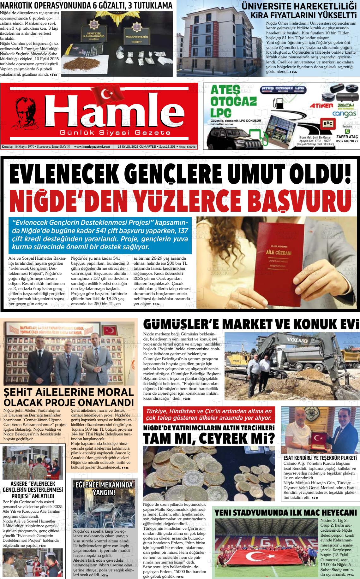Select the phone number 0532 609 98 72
347,141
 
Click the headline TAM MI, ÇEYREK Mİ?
209,438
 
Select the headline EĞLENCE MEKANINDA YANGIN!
104,489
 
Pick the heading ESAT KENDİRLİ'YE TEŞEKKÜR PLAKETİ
320,458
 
